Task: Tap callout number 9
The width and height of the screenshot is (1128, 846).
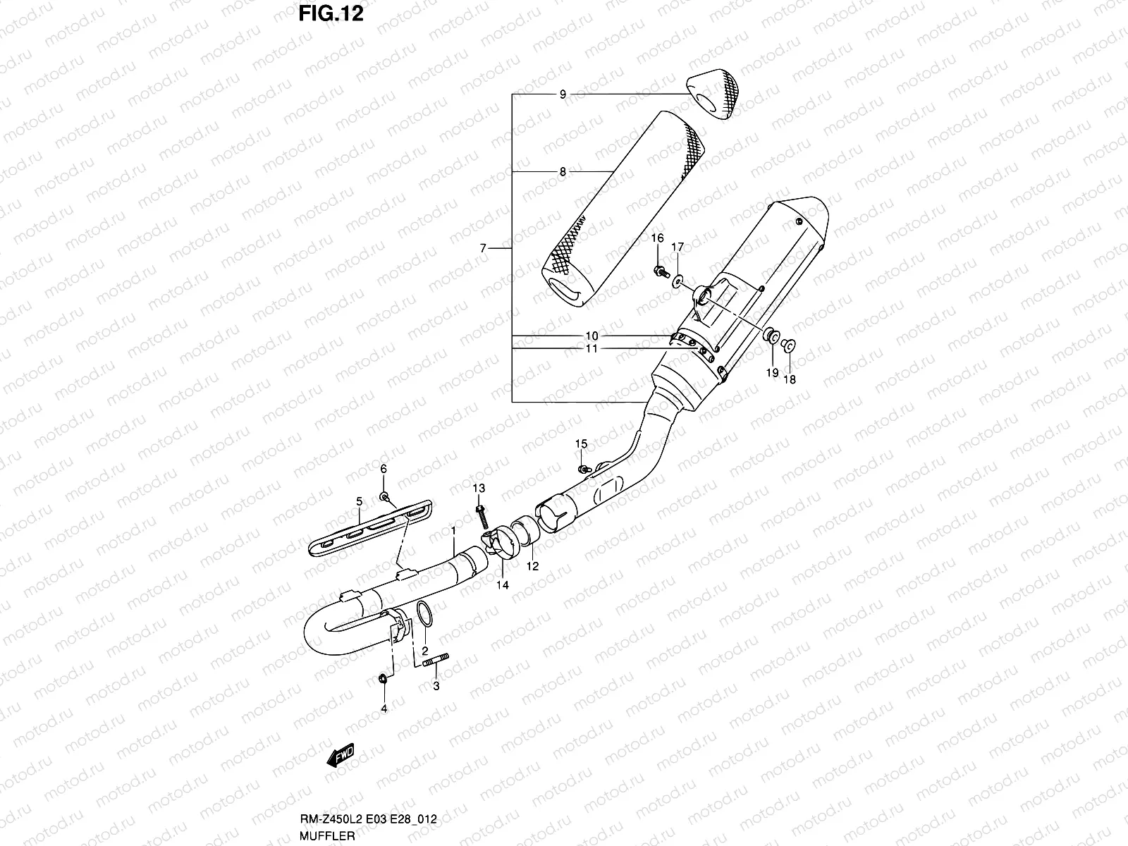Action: tap(563, 94)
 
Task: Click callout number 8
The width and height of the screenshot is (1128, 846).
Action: tap(563, 171)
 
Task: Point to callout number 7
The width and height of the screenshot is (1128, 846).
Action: tap(483, 248)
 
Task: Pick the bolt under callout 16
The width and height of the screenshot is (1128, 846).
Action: tap(660, 270)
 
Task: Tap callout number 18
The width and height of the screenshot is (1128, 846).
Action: tap(789, 379)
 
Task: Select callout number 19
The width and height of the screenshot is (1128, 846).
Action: tap(773, 373)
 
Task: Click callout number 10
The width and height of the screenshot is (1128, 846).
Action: tap(591, 336)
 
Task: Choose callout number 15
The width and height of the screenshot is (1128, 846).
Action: tap(581, 443)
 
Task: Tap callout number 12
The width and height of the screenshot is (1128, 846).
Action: tap(532, 566)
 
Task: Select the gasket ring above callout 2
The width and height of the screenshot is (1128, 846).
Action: tap(424, 613)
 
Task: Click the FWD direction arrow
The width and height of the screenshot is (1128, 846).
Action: tap(341, 756)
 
